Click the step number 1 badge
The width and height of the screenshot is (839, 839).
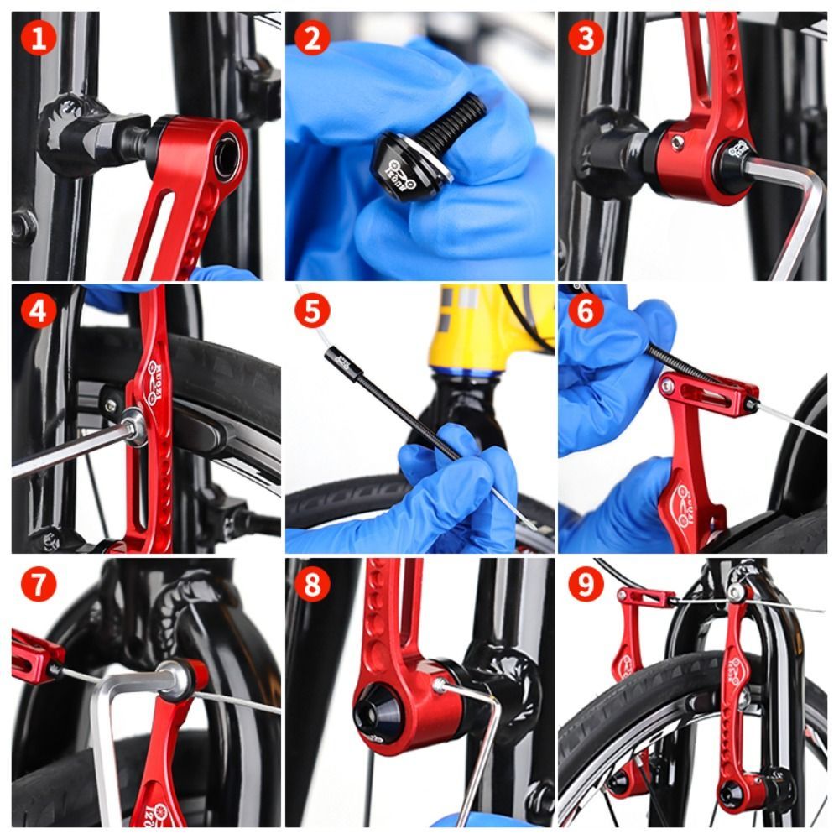point(38,39)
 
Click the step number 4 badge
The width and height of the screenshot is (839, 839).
point(38,312)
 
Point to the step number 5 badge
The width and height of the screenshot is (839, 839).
point(312,312)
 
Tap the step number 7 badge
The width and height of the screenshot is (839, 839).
point(38,586)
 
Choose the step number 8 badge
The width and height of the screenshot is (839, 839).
point(312,586)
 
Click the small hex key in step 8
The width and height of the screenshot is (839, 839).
point(478,738)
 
